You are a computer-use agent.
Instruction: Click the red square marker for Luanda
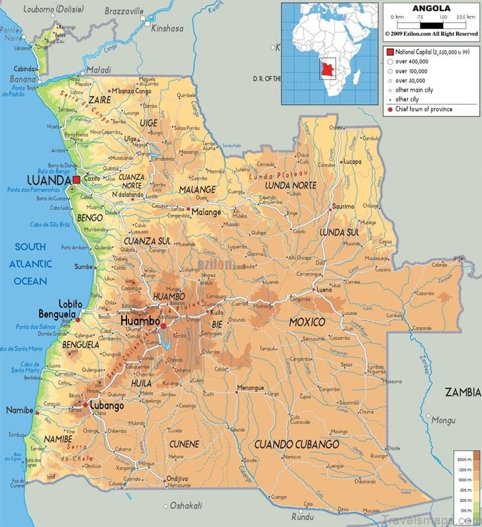[76, 180]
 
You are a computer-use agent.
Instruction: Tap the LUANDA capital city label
[48, 181]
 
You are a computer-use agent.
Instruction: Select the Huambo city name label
[140, 321]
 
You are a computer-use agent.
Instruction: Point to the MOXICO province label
[307, 322]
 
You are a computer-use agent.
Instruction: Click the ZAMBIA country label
[463, 392]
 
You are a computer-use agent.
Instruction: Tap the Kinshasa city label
[167, 28]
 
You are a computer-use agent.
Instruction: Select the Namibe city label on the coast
[19, 411]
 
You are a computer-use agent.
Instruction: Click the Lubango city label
[107, 406]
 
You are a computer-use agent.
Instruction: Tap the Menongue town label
[251, 387]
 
